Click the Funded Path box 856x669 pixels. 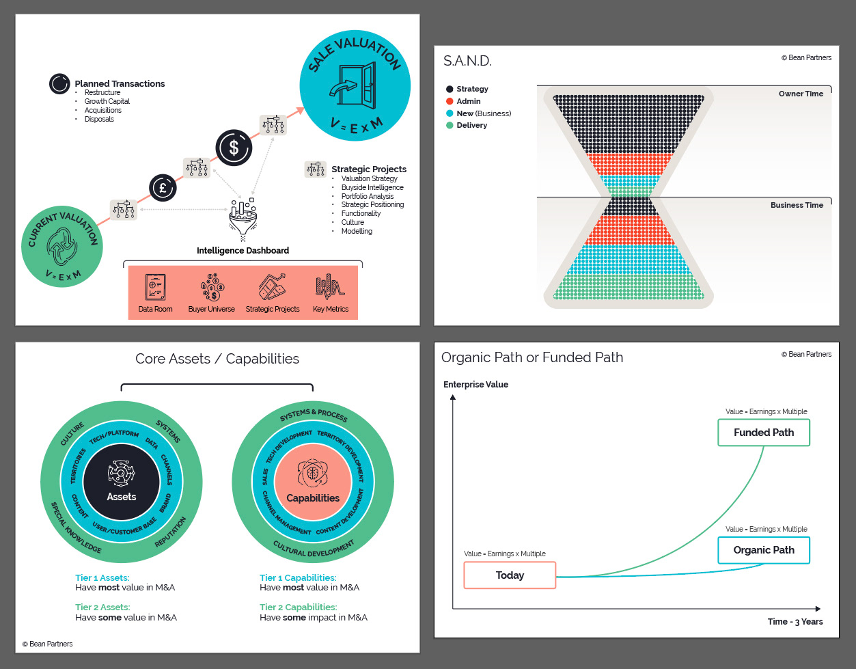point(763,433)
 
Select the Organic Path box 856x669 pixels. point(763,550)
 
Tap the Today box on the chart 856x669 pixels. point(510,575)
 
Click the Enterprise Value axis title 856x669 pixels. point(475,385)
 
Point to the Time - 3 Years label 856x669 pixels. point(795,622)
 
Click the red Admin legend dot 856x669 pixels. point(450,101)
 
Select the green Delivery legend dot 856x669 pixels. point(450,126)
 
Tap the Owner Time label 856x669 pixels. point(801,94)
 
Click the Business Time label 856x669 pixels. point(797,205)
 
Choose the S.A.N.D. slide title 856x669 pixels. point(467,62)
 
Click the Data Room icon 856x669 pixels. point(155,288)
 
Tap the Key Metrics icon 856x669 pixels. point(330,288)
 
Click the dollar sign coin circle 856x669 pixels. point(234,148)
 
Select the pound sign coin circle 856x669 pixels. point(163,187)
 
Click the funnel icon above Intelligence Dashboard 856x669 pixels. point(243,217)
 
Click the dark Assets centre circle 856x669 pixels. point(122,482)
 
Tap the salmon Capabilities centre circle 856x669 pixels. point(313,482)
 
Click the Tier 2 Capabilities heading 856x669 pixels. point(298,607)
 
